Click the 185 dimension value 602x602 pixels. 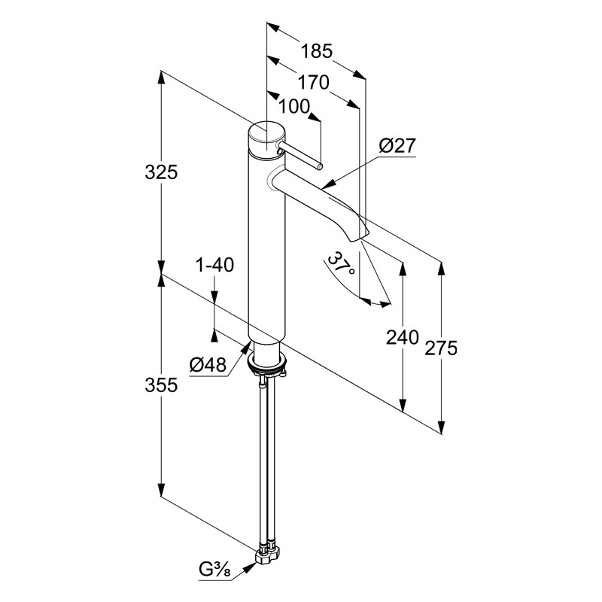[x=316, y=51]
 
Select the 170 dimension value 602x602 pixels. [x=314, y=82]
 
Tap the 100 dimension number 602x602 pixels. [x=293, y=106]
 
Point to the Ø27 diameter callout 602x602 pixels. [x=397, y=146]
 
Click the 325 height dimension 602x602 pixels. [x=161, y=172]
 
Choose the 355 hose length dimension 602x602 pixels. [x=161, y=385]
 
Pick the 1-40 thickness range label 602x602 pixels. [x=214, y=265]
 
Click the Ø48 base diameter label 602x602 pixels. [x=208, y=364]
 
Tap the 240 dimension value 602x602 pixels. [x=402, y=338]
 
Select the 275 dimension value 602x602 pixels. [x=441, y=348]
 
